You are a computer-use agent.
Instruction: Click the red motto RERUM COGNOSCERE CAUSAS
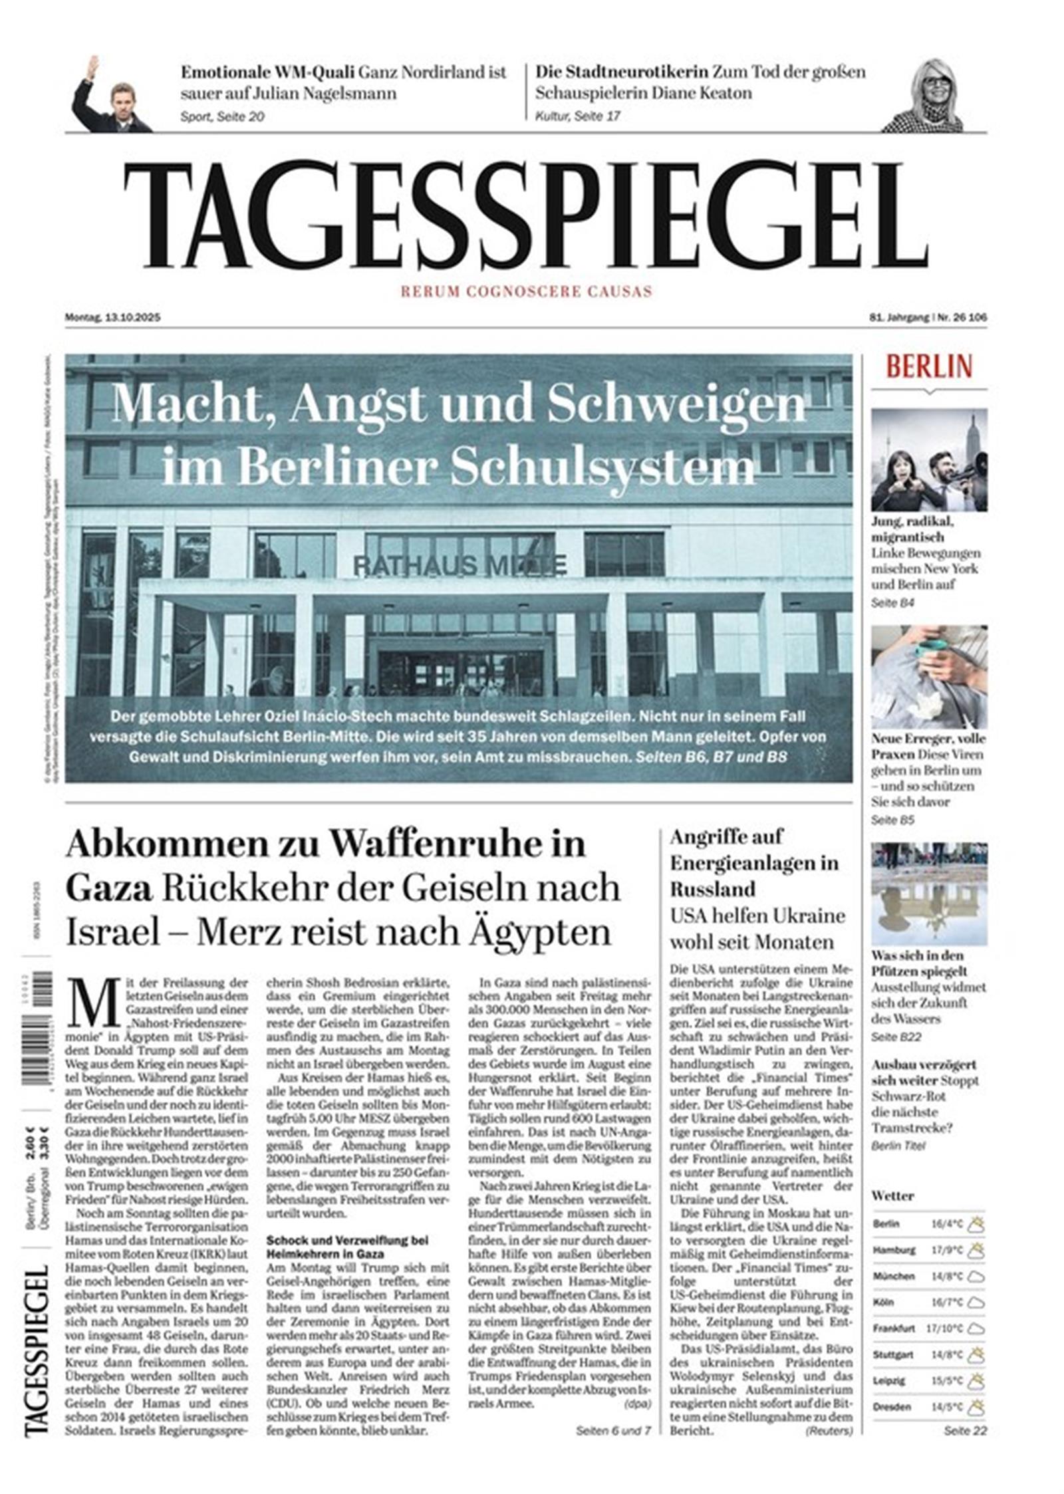(x=525, y=291)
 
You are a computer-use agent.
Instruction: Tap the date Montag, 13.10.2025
(x=112, y=318)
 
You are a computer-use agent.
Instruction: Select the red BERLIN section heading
(x=928, y=367)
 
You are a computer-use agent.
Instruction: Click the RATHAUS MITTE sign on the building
(x=460, y=565)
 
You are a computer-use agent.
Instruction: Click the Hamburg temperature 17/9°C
(x=947, y=1250)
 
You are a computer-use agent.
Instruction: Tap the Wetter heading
(x=892, y=1195)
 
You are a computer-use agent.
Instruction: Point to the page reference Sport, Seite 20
(x=222, y=116)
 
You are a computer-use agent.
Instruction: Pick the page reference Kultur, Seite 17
(x=577, y=116)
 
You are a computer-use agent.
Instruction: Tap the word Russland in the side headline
(x=713, y=889)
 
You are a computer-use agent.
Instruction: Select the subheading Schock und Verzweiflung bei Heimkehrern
(x=347, y=1247)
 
